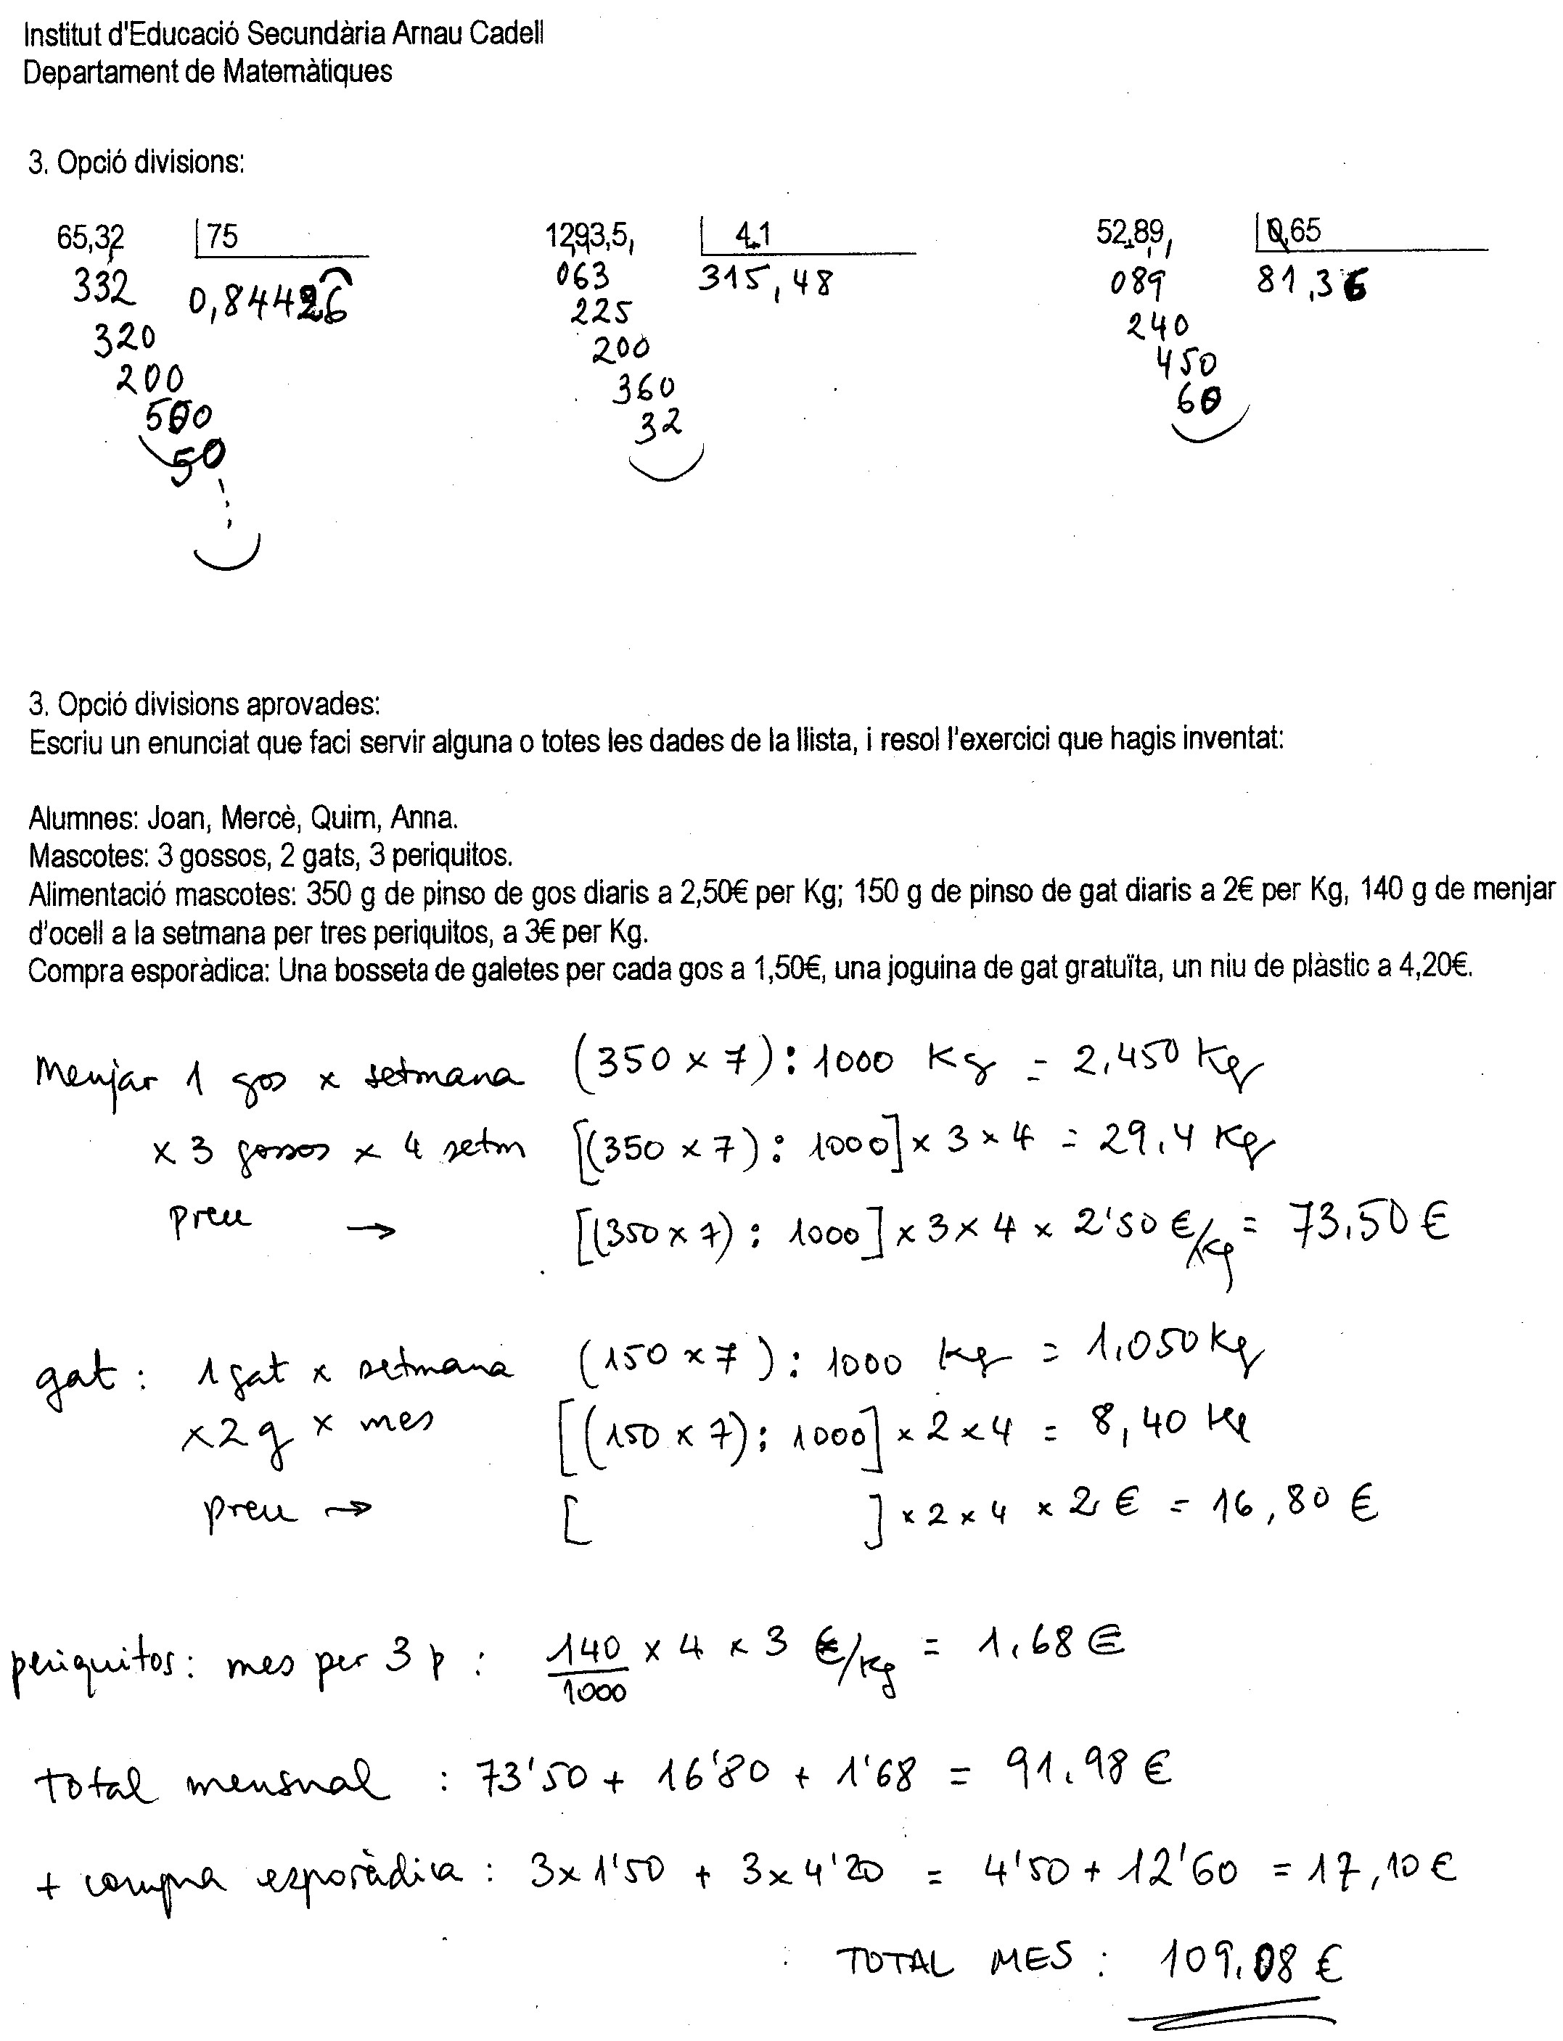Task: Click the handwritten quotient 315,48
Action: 765,280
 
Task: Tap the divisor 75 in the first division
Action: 222,236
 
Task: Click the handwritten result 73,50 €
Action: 1368,1223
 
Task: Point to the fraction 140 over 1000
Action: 594,1667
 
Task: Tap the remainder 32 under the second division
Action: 659,426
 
